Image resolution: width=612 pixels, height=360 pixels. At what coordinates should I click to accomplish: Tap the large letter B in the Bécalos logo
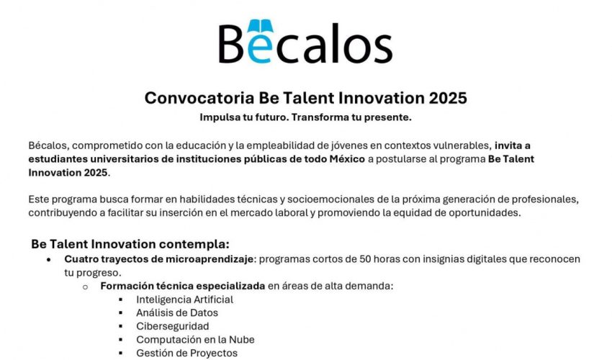235,44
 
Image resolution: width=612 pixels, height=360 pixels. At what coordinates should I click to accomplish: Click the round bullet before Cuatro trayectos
48,258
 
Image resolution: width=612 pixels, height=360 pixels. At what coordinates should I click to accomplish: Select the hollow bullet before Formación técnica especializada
85,287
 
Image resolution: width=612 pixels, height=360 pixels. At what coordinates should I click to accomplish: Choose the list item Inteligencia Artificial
184,300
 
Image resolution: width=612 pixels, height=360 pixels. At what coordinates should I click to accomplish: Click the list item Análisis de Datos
176,313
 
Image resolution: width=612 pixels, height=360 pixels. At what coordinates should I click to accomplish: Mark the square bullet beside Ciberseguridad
120,326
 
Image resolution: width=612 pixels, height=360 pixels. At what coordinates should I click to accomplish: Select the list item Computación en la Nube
195,340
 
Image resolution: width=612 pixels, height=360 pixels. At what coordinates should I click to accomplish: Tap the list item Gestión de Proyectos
186,354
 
